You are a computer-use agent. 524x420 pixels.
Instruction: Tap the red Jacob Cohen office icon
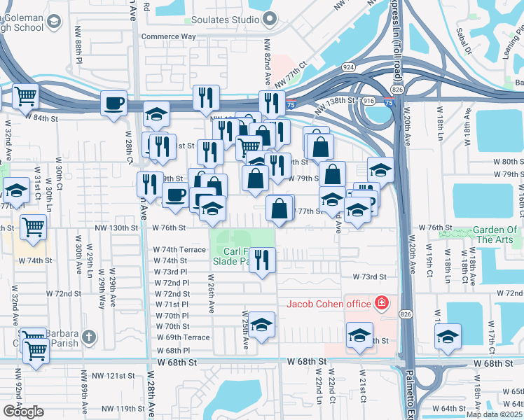pyautogui.click(x=382, y=303)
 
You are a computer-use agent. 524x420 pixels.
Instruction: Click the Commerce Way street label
pyautogui.click(x=166, y=36)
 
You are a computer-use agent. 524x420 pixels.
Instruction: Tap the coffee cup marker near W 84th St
pyautogui.click(x=113, y=104)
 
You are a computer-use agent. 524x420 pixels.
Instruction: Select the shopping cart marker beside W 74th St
pyautogui.click(x=33, y=227)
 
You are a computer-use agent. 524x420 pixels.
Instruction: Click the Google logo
pyautogui.click(x=24, y=411)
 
